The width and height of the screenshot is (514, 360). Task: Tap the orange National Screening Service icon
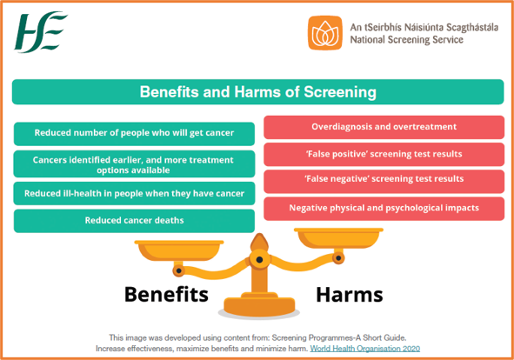(x=325, y=33)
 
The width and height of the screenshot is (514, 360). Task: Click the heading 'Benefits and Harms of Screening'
(x=257, y=91)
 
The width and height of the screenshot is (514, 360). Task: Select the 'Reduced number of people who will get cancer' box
(x=135, y=133)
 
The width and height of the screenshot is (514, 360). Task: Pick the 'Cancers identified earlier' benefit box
(x=135, y=164)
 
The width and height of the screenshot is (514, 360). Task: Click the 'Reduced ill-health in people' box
(x=135, y=193)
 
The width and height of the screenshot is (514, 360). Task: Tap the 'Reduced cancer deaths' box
(x=135, y=221)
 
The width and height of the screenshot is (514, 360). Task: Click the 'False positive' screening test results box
(x=384, y=154)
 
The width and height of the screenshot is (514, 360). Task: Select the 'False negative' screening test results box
(x=384, y=179)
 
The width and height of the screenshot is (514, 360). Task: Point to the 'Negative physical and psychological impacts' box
(x=384, y=209)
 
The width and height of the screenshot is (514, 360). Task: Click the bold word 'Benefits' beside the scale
(x=166, y=294)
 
